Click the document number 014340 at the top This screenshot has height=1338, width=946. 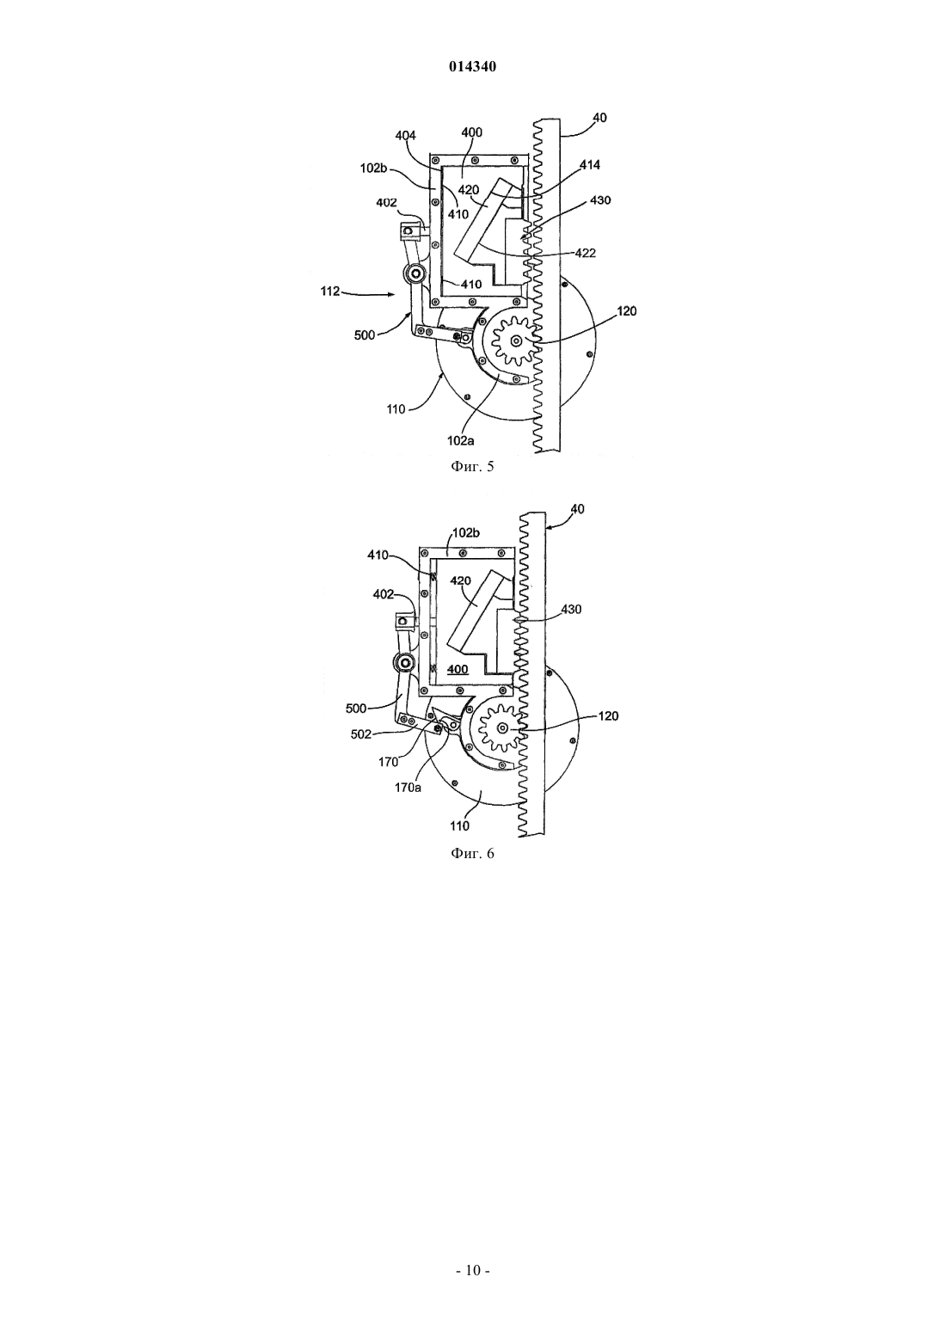[x=472, y=67]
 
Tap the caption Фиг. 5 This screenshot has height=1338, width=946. [x=472, y=467]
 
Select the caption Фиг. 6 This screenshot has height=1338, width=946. [x=472, y=853]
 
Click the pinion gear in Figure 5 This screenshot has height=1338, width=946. [x=513, y=341]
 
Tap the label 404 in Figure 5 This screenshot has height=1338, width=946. [x=406, y=136]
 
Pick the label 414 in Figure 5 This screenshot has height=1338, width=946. [x=589, y=165]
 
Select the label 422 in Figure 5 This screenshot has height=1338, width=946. [x=586, y=254]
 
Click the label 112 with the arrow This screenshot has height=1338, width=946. [x=329, y=292]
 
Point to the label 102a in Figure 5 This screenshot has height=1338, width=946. [x=460, y=441]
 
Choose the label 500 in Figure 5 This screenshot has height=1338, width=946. [x=365, y=335]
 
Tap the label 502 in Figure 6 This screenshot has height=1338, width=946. [x=360, y=734]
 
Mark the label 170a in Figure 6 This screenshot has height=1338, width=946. [x=408, y=788]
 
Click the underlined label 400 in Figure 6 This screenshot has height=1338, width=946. [x=458, y=670]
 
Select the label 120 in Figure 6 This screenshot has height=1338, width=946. [x=608, y=715]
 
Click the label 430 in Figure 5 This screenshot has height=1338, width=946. [x=600, y=200]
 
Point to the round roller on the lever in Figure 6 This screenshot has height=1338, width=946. [x=403, y=662]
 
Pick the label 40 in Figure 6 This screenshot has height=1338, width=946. [x=578, y=509]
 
